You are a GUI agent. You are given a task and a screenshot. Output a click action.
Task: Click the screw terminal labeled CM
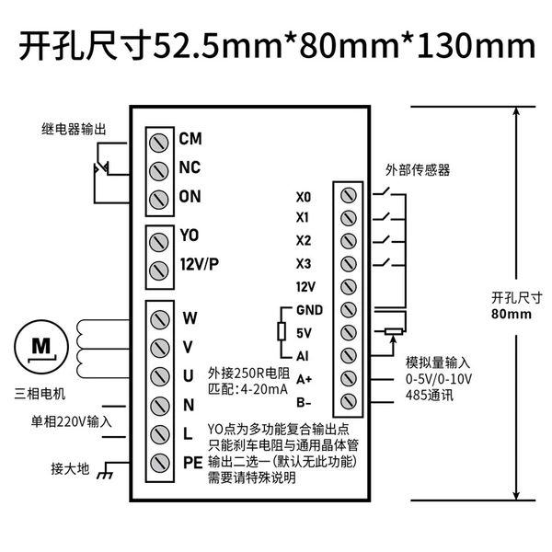click(x=159, y=143)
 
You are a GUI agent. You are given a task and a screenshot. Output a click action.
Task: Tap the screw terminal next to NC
click(x=159, y=171)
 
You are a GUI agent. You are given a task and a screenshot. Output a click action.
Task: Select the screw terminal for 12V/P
click(x=159, y=270)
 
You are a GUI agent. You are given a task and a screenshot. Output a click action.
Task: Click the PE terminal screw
click(x=160, y=464)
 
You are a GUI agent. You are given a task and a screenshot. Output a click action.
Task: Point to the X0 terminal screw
click(x=349, y=195)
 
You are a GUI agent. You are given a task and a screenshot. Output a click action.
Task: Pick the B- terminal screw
click(x=349, y=401)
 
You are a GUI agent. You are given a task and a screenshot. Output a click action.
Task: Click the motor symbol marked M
click(x=41, y=347)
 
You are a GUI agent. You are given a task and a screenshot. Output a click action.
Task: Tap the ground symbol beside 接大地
click(x=105, y=475)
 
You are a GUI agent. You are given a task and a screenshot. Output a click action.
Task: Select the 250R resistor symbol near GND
click(x=282, y=331)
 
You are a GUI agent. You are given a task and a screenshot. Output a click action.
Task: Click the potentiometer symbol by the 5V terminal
click(x=394, y=331)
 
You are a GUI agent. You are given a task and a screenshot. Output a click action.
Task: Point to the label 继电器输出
click(x=74, y=129)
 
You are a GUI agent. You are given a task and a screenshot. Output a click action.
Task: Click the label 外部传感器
click(x=418, y=170)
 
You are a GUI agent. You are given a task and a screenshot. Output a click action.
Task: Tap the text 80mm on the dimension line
click(x=512, y=314)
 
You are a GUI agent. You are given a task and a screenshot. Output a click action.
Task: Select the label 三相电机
click(x=40, y=394)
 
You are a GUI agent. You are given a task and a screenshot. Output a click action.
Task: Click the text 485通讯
click(x=430, y=396)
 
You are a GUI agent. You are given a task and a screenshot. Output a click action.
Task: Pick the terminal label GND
click(x=309, y=310)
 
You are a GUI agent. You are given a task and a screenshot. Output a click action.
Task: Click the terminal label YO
click(x=190, y=235)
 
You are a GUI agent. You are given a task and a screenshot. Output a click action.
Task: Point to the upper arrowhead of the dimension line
click(x=516, y=111)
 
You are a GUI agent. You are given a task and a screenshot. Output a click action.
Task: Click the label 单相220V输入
click(x=71, y=421)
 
